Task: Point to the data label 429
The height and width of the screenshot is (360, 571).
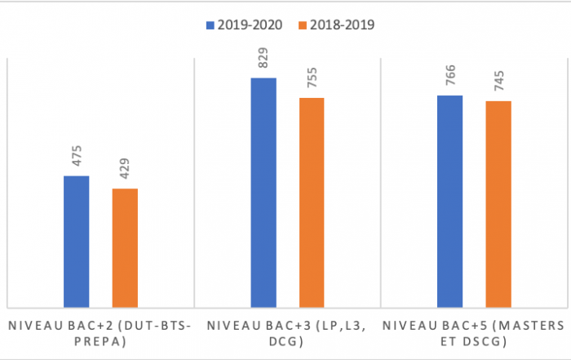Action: (126, 171)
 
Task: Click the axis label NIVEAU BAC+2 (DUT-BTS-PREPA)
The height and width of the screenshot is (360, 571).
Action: (100, 333)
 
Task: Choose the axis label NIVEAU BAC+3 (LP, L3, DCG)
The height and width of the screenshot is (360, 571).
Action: (287, 333)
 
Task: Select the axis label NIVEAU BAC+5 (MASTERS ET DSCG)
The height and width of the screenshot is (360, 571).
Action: (474, 333)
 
